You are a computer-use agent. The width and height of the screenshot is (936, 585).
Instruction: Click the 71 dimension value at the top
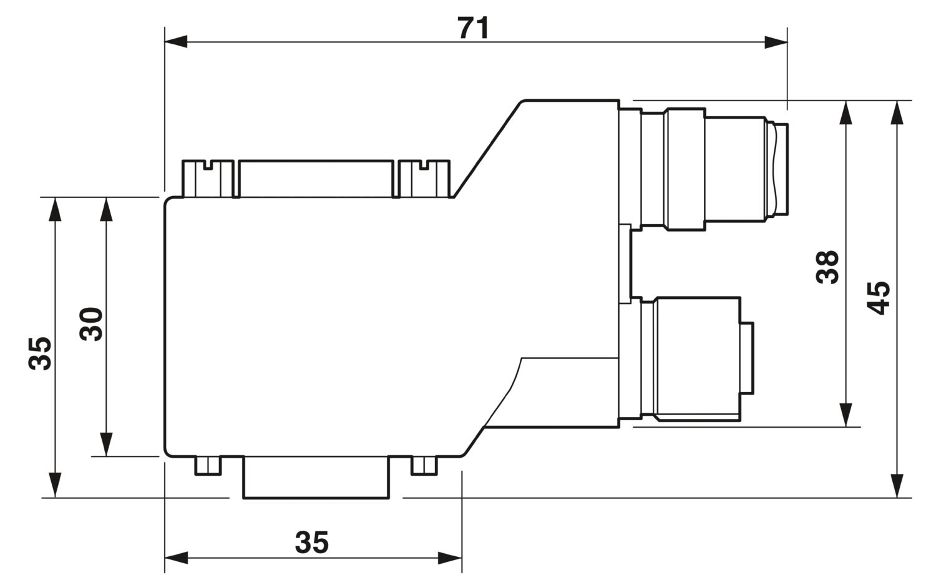coord(474,28)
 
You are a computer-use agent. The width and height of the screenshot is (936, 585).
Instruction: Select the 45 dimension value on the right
coord(878,298)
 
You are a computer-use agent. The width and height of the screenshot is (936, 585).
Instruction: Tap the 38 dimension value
coord(827,268)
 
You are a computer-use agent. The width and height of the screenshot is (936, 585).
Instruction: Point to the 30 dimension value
coord(91,325)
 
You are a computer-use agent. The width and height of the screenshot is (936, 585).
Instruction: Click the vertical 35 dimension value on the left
coord(40,353)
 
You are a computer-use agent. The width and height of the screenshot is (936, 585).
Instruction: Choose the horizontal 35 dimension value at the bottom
coord(312,543)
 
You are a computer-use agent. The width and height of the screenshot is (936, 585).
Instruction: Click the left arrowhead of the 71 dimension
coord(176,42)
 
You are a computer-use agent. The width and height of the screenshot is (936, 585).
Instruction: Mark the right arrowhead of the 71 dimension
coord(776,42)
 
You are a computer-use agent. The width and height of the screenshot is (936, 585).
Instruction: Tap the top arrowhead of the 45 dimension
coord(897,112)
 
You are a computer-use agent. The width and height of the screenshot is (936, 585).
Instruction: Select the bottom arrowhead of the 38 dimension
coord(846,415)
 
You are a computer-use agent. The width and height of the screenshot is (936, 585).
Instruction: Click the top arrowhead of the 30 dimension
coord(107,209)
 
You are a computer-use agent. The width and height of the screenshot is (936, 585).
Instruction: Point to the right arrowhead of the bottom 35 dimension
coord(450,558)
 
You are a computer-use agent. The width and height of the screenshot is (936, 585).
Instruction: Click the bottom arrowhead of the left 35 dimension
coord(55,486)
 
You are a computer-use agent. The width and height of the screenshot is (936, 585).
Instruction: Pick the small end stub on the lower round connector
coord(747,358)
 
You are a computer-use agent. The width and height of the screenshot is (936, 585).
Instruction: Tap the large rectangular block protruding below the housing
coord(316,478)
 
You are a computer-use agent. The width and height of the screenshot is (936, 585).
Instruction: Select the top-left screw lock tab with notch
coord(208,179)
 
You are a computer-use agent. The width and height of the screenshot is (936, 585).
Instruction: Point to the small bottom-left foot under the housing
coord(208,466)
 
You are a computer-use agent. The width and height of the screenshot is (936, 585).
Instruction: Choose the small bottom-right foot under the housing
coord(424,466)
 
